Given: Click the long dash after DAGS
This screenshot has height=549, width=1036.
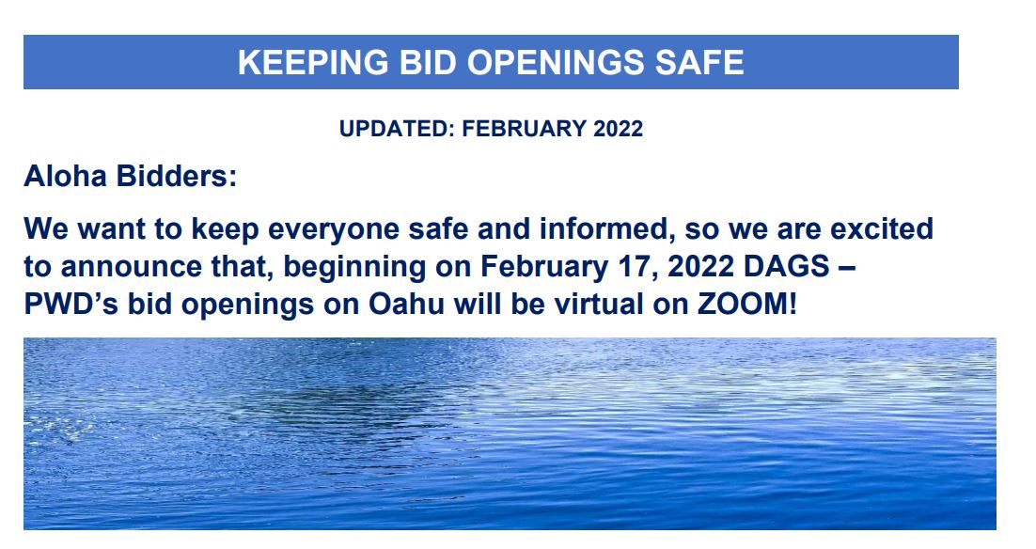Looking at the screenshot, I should [846, 267].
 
